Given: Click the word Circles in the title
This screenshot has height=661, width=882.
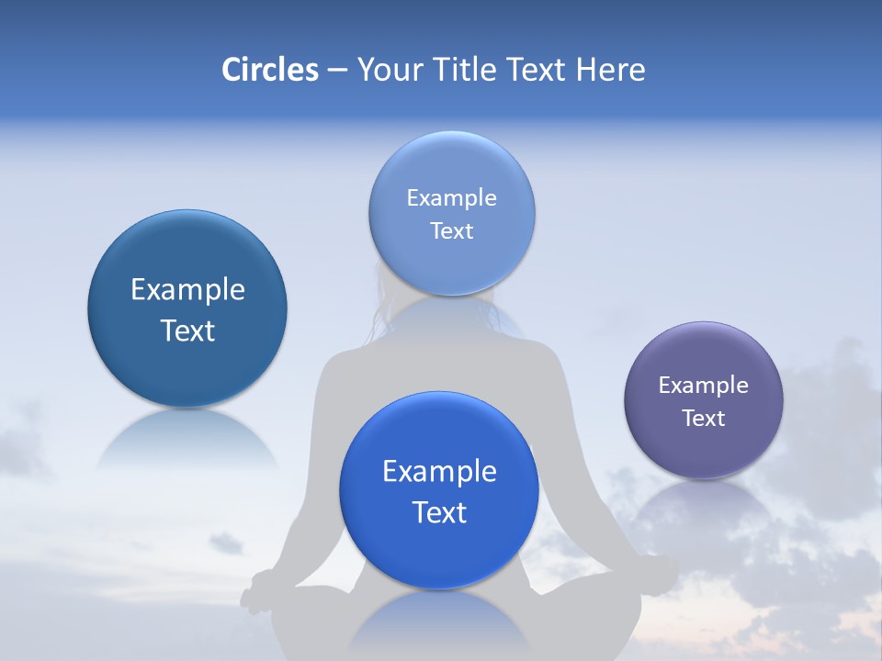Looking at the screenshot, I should pyautogui.click(x=269, y=70).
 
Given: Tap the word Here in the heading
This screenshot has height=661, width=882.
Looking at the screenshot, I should pyautogui.click(x=610, y=70).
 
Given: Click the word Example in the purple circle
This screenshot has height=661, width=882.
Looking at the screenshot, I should pyautogui.click(x=704, y=386).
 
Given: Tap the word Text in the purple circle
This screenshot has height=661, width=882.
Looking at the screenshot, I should pyautogui.click(x=704, y=419).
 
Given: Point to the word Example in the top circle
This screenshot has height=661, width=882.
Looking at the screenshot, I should pyautogui.click(x=451, y=198).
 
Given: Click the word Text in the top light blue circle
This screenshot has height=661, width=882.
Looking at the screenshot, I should pyautogui.click(x=451, y=231).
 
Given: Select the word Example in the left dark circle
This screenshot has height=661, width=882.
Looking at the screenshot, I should pyautogui.click(x=187, y=290).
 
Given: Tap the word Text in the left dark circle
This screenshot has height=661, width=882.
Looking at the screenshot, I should pyautogui.click(x=187, y=330).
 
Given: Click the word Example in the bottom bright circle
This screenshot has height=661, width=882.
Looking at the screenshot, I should pyautogui.click(x=439, y=472).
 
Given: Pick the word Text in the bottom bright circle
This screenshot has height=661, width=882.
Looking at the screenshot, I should pyautogui.click(x=439, y=512).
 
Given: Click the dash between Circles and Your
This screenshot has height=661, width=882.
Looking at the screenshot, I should pyautogui.click(x=337, y=71).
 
